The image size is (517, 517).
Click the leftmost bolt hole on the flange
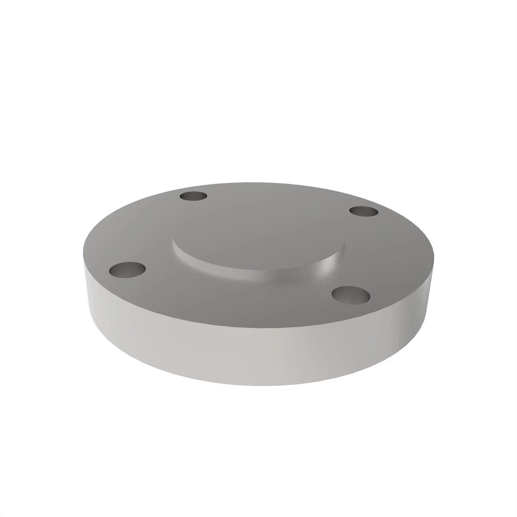(x=128, y=270)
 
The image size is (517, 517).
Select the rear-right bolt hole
(x=363, y=212)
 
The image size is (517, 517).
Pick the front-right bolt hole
(x=352, y=295)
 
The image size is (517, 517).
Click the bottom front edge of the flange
(x=258, y=385)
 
